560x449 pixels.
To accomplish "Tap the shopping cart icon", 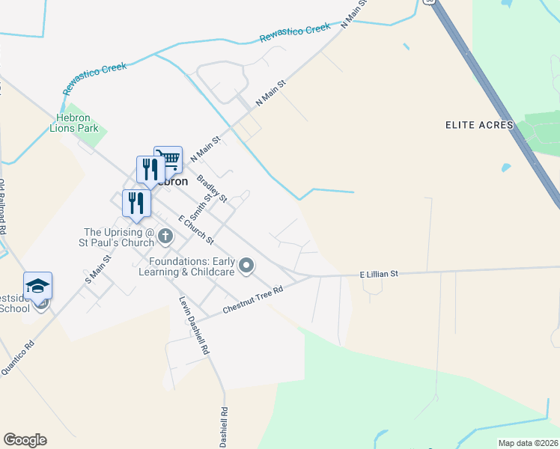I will click(169, 159).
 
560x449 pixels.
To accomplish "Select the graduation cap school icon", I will click(38, 285).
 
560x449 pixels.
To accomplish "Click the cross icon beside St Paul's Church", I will click(165, 237).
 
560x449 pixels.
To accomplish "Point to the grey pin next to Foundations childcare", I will click(246, 266).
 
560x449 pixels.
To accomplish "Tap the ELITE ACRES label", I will click(478, 125).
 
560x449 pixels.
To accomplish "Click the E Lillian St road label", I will click(379, 275).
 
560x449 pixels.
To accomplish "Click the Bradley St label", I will click(212, 189).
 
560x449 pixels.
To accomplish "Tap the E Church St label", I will click(196, 230).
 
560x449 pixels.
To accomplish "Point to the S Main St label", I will click(98, 269).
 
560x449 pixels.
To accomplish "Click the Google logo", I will click(25, 440).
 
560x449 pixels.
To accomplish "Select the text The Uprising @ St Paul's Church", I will click(118, 237).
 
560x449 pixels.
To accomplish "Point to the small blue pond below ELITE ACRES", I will click(506, 168).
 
